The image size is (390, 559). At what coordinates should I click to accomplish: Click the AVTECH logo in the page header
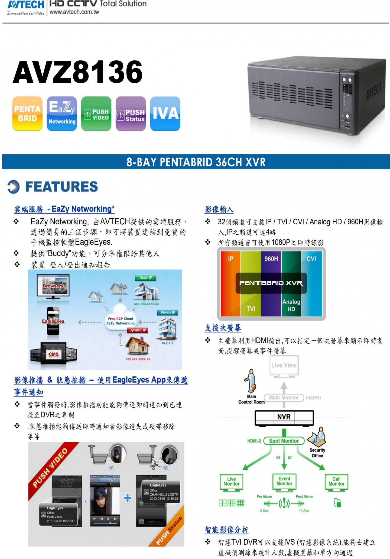tap(26, 5)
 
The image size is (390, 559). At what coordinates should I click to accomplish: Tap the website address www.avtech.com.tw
tap(74, 12)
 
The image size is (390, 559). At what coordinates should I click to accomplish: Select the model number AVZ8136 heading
tap(78, 72)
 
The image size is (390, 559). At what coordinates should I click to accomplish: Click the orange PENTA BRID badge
tap(27, 114)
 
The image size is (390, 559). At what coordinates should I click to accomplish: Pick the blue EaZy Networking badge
tap(62, 114)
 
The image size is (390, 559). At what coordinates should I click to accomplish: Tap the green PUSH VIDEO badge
tap(96, 114)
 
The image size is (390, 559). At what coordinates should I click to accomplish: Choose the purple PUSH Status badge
tap(131, 114)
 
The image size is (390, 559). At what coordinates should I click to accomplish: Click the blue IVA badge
tap(165, 114)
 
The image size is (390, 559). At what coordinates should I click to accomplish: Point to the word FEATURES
tap(61, 187)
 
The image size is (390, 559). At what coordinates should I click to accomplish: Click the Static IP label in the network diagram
tap(146, 278)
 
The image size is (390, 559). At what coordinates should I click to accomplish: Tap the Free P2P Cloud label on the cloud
tap(121, 319)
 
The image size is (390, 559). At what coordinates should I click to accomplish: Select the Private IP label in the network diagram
tap(168, 312)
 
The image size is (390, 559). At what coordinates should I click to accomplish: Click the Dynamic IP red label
tap(138, 330)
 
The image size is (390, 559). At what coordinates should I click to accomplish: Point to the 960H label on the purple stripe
tap(271, 259)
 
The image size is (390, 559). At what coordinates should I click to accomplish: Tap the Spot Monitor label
tap(284, 441)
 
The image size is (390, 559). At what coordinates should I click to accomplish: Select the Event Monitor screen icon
tap(284, 482)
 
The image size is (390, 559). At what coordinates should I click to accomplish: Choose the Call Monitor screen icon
tap(336, 482)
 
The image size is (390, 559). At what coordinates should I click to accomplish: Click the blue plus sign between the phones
tap(128, 498)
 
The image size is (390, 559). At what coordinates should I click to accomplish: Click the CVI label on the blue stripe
tap(311, 259)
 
